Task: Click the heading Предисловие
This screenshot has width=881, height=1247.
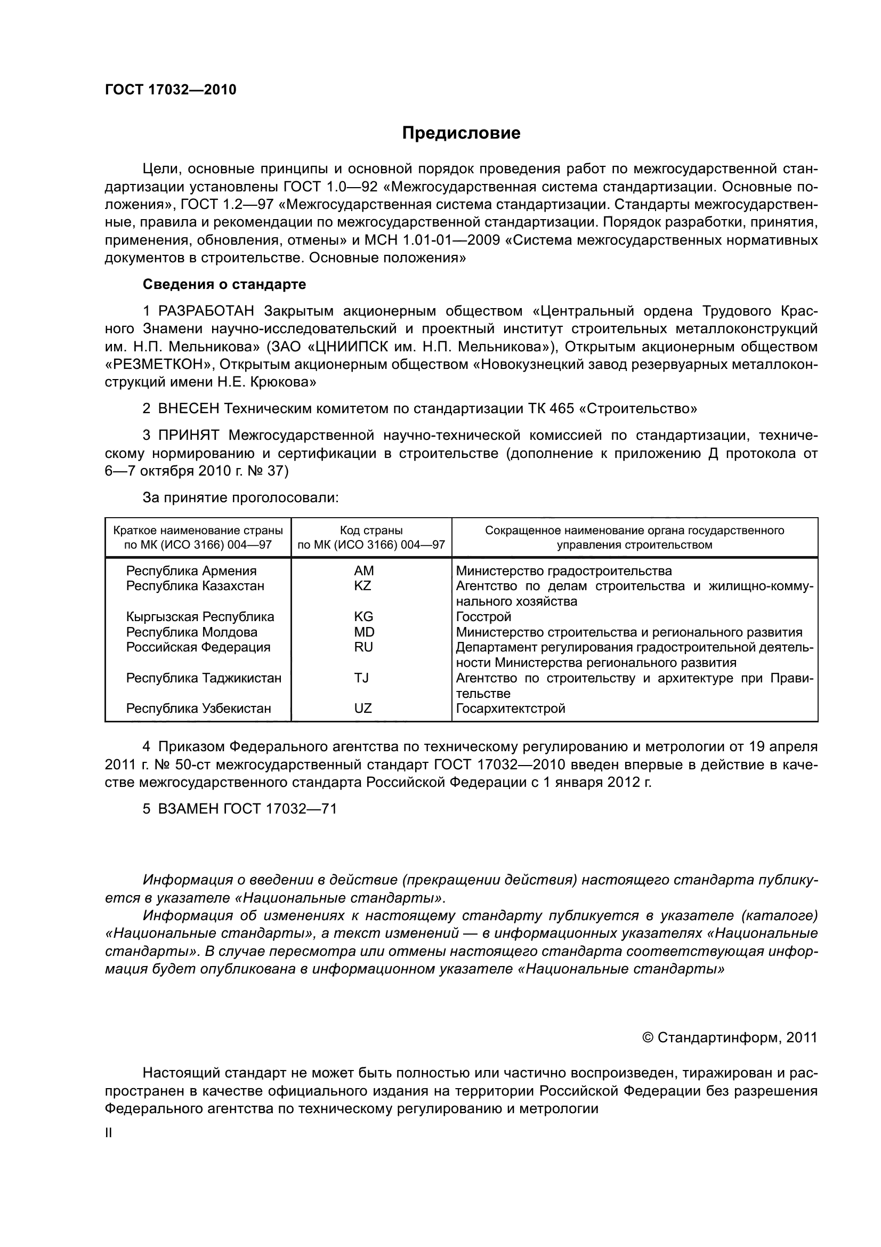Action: pos(461,133)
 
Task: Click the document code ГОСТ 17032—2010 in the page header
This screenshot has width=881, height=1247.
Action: pos(171,90)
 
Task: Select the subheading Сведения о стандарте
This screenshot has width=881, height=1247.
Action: pos(224,284)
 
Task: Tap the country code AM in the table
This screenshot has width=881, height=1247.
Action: pos(363,571)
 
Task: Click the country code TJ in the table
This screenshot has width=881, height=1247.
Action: pos(361,678)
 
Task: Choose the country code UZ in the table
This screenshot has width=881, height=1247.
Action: pos(362,708)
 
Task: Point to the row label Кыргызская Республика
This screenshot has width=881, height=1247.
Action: pos(200,617)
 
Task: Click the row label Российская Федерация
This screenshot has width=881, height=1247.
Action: pos(198,647)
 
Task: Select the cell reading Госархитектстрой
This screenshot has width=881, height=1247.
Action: pos(511,708)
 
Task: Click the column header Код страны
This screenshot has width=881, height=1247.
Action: pos(371,530)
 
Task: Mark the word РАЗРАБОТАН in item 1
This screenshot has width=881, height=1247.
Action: pos(206,311)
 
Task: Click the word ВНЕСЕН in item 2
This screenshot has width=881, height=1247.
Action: pos(188,408)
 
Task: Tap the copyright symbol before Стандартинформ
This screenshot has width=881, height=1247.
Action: pos(647,1038)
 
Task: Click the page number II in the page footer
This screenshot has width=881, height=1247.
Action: pos(109,1133)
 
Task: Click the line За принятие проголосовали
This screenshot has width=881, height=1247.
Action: pos(240,497)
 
